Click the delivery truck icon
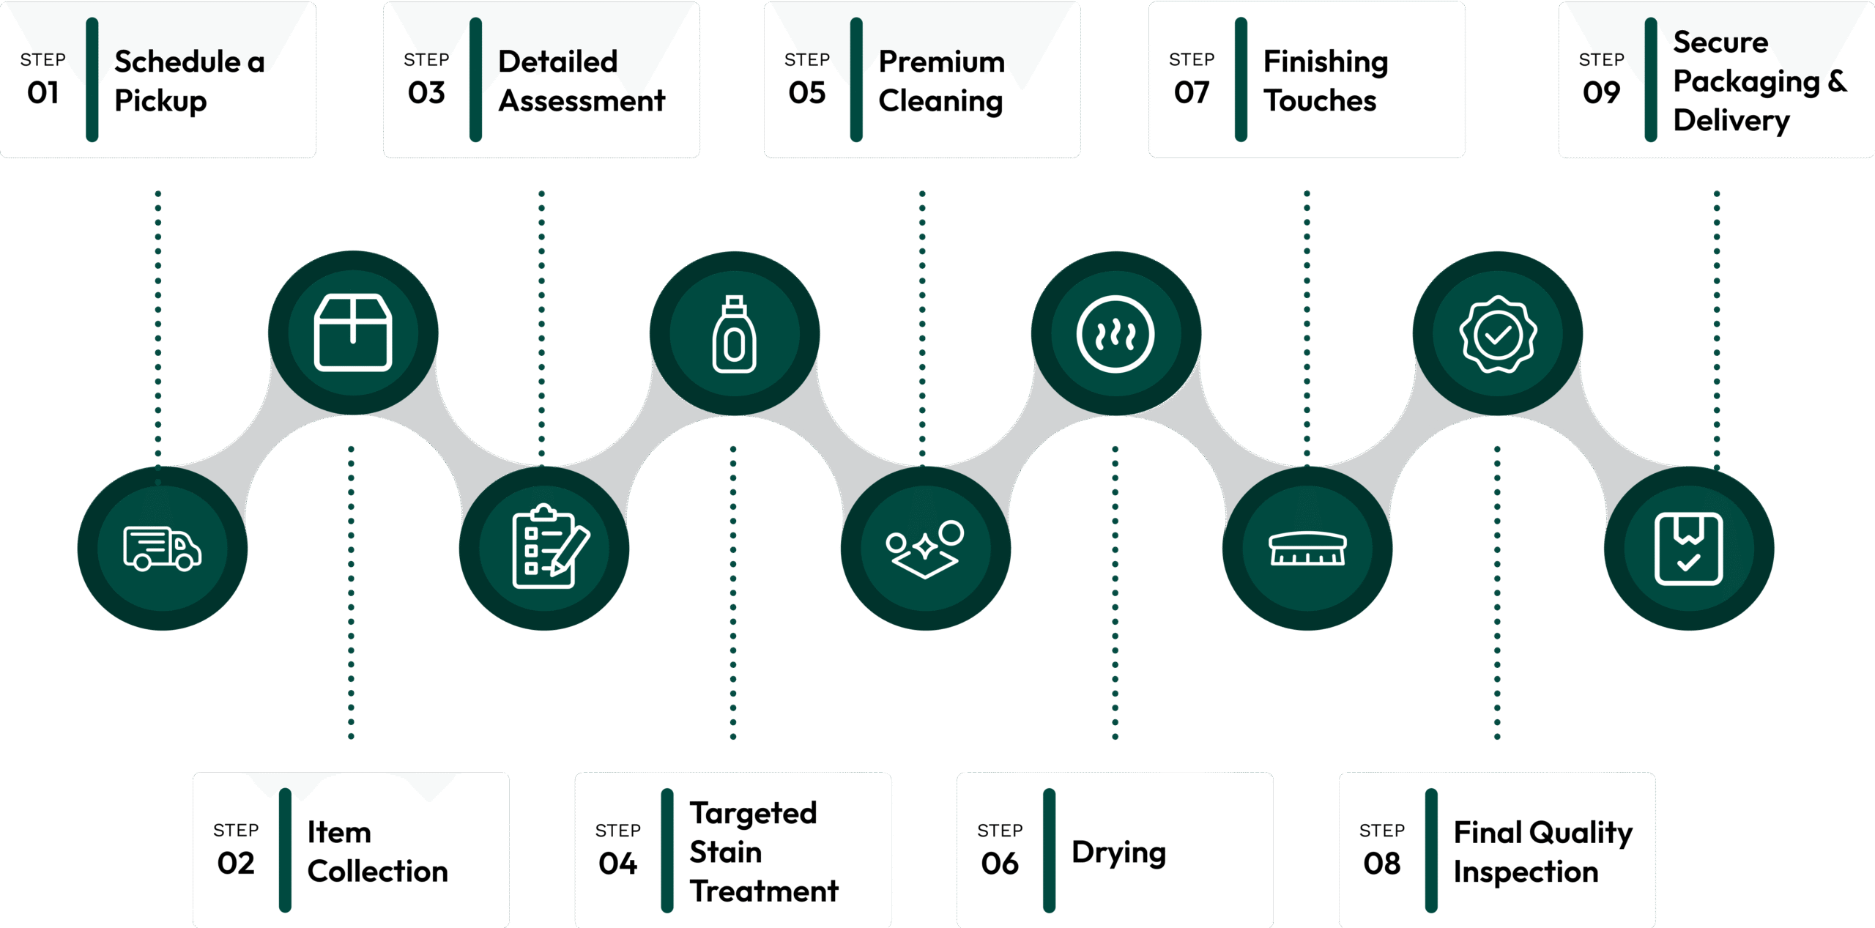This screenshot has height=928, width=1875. pos(162,548)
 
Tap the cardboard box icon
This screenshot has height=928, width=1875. pos(353,333)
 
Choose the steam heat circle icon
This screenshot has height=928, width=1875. pos(1115,334)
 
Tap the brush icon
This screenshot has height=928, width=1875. pos(1307,549)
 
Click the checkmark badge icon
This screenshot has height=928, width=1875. pos(1498,334)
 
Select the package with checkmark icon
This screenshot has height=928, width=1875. pos(1688,549)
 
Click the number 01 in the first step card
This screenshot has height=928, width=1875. pos(43,93)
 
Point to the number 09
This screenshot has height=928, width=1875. pos(1601,93)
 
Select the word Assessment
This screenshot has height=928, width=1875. pos(582,101)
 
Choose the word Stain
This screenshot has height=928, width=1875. pos(725,853)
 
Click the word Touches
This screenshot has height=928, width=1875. pos(1320,101)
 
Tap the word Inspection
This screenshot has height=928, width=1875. pos(1526,872)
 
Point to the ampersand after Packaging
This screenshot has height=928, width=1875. pos(1837,81)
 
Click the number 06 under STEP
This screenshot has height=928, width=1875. pos(1000,864)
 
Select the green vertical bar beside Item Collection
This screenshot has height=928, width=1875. pos(285,850)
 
